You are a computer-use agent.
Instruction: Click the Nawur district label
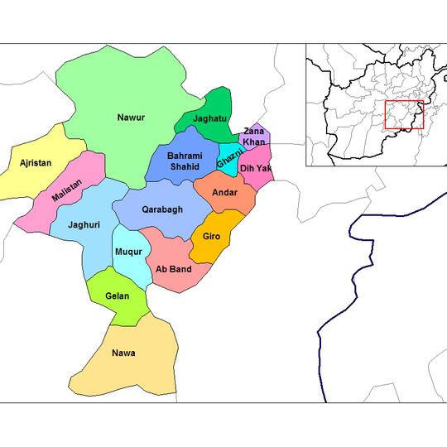[131, 118]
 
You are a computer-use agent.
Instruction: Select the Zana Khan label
[254, 137]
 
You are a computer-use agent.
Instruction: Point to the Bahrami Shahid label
[183, 161]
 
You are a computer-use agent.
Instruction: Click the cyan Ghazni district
[228, 156]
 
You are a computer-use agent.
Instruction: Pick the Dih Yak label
[255, 168]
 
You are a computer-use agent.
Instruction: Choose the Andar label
[224, 192]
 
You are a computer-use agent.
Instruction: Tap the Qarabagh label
[161, 209]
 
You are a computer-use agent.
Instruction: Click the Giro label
[211, 237]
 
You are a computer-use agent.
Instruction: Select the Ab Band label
[174, 269]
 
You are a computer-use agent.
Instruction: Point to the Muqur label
[128, 251]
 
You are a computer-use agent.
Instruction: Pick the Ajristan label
[36, 163]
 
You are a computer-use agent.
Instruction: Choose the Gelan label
[117, 296]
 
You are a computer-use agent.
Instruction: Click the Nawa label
[123, 353]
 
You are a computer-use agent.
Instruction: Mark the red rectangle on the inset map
[404, 115]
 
